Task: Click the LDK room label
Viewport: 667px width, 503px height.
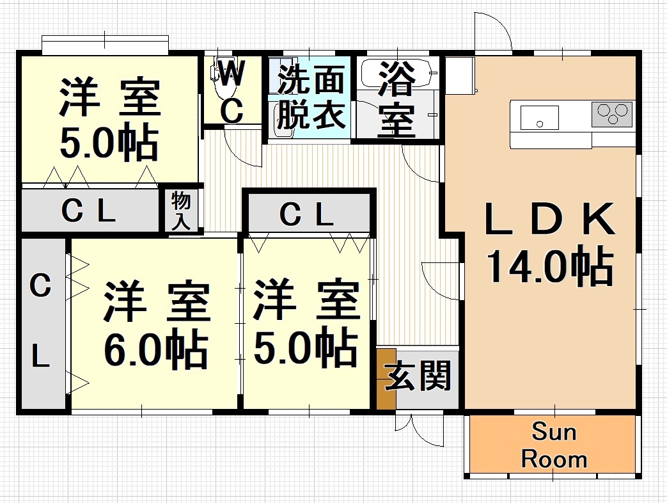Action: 549,219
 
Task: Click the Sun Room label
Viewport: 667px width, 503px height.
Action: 554,445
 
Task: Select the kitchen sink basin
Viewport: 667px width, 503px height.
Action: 539,118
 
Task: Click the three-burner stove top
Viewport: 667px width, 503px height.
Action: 612,114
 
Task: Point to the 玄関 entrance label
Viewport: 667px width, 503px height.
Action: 418,376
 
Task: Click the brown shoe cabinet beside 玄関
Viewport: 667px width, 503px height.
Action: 386,379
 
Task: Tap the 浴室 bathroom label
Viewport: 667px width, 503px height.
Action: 396,99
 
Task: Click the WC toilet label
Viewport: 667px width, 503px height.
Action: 232,92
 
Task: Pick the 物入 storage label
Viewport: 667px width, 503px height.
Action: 181,211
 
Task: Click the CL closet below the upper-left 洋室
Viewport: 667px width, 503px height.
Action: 90,211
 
